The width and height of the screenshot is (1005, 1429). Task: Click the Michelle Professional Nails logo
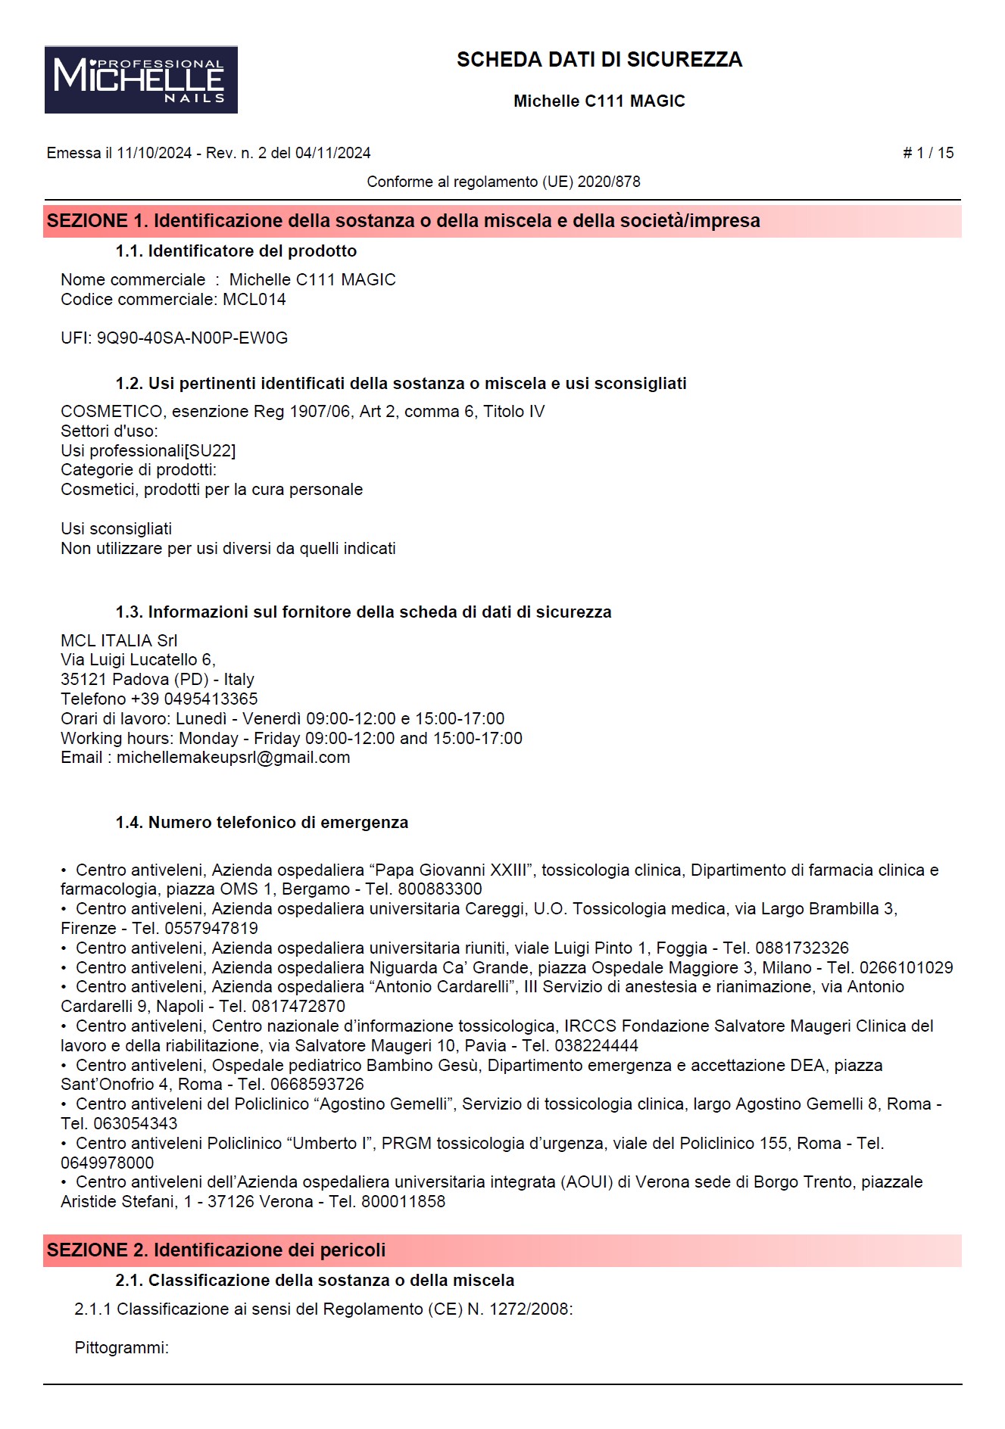pos(141,79)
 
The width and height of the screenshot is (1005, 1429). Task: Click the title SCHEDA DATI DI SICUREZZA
pos(599,60)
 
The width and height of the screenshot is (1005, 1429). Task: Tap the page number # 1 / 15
pos(928,153)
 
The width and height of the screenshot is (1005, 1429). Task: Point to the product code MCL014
pos(254,300)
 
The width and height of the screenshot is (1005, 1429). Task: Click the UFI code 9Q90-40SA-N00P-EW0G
pos(192,338)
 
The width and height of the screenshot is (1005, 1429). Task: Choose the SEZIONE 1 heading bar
pos(502,221)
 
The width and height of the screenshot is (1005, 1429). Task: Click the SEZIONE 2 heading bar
pos(502,1250)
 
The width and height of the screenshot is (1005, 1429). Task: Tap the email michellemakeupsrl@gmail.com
pos(233,758)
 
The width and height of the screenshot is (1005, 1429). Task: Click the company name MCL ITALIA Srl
pos(119,640)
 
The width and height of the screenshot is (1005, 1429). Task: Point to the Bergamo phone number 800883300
pos(440,889)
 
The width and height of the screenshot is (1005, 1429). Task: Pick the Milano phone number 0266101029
pos(906,967)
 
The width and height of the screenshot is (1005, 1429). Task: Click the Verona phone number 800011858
pos(403,1201)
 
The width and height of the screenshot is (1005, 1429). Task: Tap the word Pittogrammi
pos(121,1347)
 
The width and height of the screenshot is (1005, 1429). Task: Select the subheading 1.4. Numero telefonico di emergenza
pos(262,823)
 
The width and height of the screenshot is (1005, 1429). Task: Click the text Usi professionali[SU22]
pos(148,451)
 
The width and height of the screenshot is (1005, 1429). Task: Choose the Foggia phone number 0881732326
pos(802,948)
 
